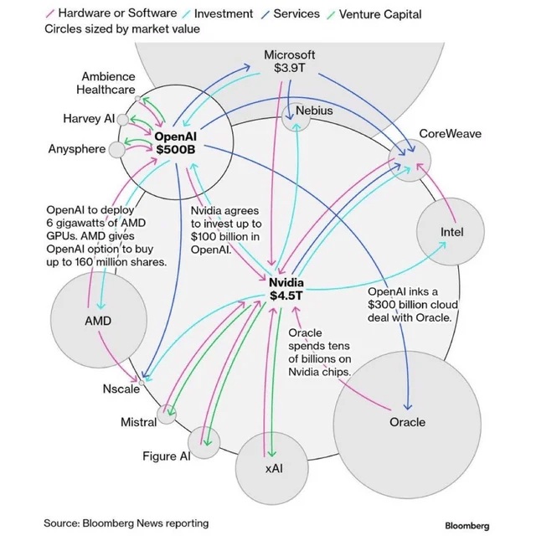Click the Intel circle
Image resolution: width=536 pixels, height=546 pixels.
click(451, 232)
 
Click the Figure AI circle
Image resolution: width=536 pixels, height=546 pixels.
click(204, 441)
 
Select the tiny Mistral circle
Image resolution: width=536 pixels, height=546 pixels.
click(168, 413)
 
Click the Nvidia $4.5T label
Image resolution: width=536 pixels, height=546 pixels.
click(286, 289)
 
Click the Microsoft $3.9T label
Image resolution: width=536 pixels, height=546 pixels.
click(289, 61)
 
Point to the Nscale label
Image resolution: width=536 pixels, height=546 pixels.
click(121, 389)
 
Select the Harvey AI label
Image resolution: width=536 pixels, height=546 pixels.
click(88, 119)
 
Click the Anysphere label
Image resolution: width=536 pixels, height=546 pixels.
click(77, 149)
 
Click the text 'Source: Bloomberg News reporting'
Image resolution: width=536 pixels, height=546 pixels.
click(126, 523)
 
